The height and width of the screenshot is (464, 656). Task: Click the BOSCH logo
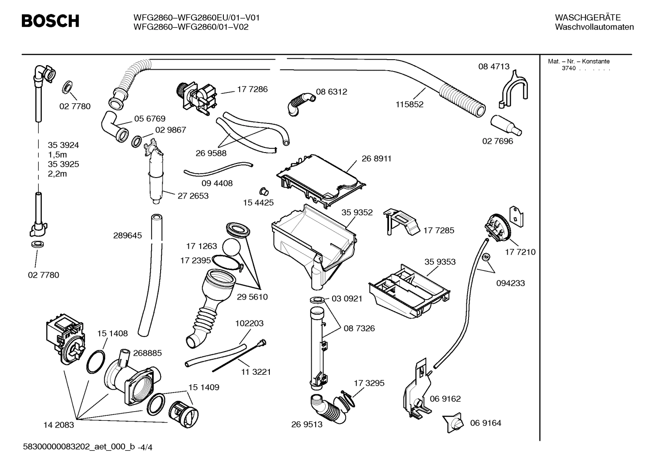click(50, 21)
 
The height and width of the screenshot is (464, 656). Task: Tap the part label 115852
click(409, 104)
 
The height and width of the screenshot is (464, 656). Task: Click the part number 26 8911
click(376, 158)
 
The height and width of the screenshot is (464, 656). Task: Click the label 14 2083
click(58, 425)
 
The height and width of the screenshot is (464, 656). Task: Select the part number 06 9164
click(485, 423)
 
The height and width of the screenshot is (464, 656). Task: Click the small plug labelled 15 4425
click(263, 190)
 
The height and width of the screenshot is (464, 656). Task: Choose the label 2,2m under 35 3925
click(57, 174)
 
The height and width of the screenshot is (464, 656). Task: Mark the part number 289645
click(127, 235)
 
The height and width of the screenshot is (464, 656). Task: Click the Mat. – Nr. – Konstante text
click(579, 61)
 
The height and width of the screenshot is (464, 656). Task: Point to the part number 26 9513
click(307, 424)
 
